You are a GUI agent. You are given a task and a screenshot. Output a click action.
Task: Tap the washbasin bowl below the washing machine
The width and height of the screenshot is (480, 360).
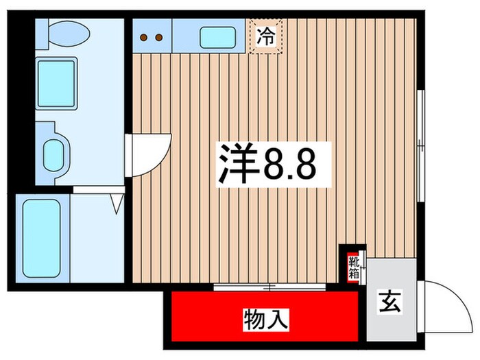pyautogui.click(x=54, y=155)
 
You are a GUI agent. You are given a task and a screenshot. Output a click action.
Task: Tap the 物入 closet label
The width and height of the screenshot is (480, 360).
pyautogui.click(x=265, y=318)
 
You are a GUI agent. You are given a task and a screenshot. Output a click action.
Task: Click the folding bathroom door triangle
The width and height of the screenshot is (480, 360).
pyautogui.click(x=117, y=202)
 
